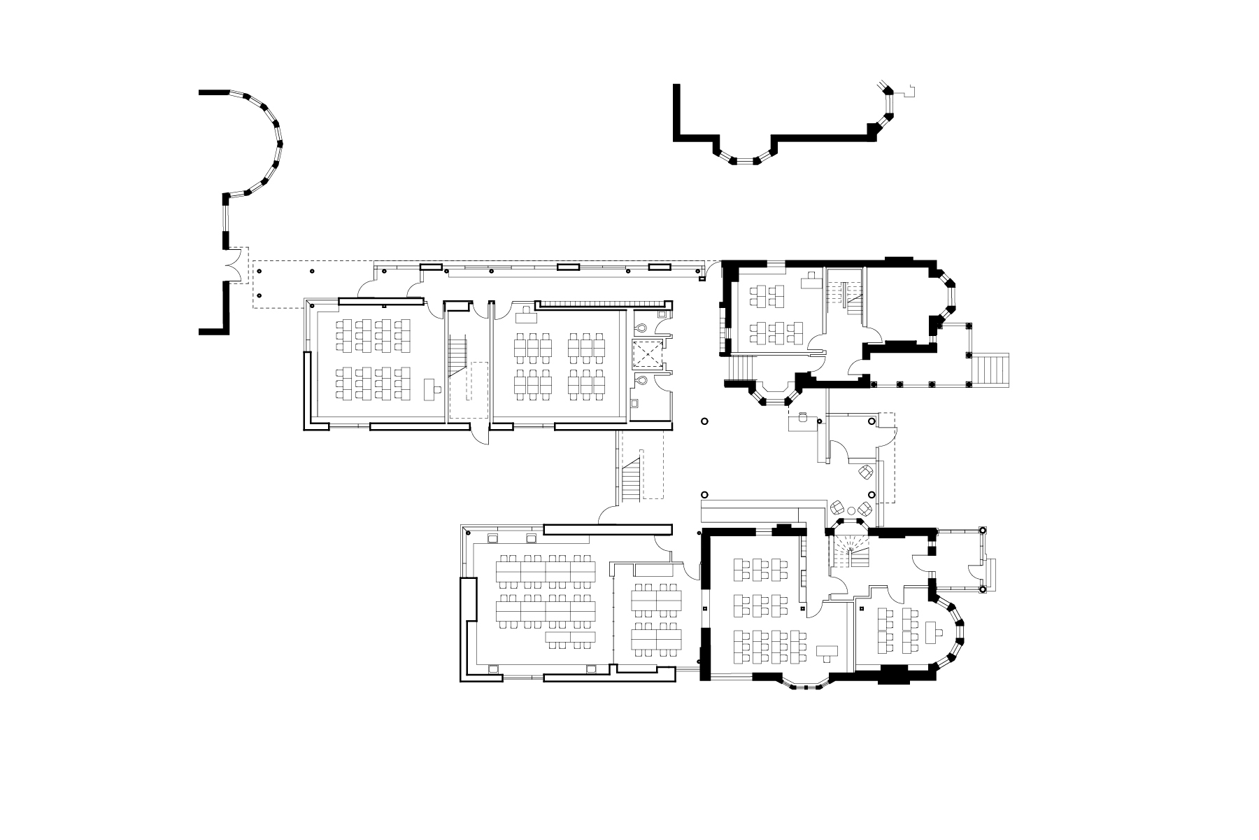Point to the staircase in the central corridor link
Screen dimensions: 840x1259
(x=632, y=476)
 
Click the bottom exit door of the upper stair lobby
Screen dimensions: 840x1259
(x=480, y=434)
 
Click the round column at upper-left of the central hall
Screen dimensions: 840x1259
(x=704, y=421)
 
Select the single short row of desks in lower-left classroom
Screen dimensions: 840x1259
(x=572, y=637)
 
